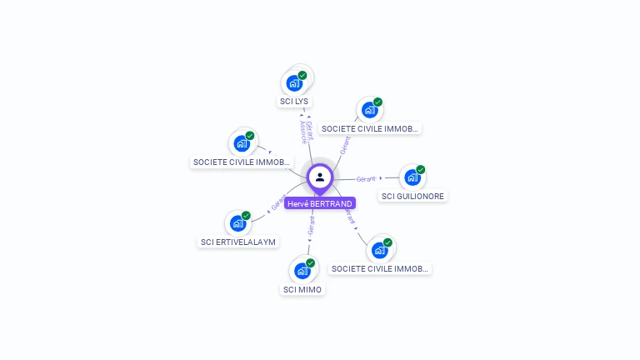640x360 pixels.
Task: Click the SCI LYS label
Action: click(x=293, y=101)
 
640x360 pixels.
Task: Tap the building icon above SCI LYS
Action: click(x=293, y=83)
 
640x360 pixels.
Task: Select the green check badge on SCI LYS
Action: click(x=302, y=75)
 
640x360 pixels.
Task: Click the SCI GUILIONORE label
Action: click(x=412, y=197)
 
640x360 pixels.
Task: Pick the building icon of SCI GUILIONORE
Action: click(x=412, y=177)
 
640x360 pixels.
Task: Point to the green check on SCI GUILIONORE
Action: click(x=421, y=169)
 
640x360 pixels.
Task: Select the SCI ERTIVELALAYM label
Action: click(x=238, y=242)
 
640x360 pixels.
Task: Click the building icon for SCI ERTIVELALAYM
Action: click(x=237, y=223)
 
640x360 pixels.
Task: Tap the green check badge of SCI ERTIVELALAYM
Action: click(x=247, y=215)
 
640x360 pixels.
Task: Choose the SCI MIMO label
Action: click(x=302, y=289)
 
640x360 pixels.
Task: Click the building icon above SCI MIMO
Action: click(x=302, y=271)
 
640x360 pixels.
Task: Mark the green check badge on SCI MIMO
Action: click(x=311, y=262)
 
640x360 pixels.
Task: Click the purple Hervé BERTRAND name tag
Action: click(x=320, y=203)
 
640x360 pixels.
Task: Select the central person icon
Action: click(x=320, y=177)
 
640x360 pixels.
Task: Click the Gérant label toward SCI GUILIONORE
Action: click(x=366, y=178)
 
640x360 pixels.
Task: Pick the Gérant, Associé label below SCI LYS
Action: click(x=306, y=132)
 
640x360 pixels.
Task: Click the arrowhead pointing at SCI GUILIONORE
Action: click(x=382, y=178)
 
